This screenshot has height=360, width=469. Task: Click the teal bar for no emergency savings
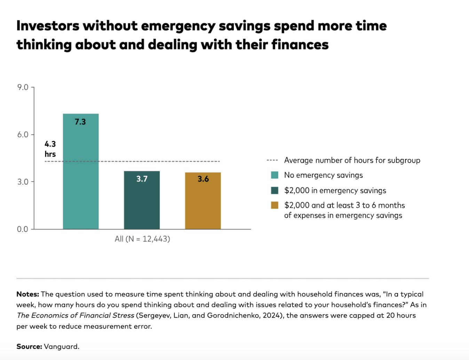(81, 174)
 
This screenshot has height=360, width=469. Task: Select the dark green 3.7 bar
(142, 202)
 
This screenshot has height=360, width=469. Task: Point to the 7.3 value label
(80, 122)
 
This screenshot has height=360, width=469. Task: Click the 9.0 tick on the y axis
(23, 87)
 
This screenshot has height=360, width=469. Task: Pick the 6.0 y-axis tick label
(23, 134)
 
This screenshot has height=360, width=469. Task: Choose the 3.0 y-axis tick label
(23, 182)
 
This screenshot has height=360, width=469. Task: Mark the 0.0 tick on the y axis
(23, 229)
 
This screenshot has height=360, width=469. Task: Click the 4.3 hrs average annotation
(50, 149)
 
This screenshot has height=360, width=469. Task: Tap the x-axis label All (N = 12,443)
(142, 239)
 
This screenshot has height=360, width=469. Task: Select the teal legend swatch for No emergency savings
(275, 175)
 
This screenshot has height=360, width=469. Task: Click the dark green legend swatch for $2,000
(275, 190)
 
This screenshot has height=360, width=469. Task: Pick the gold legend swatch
(275, 205)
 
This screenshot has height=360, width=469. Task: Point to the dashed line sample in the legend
(272, 161)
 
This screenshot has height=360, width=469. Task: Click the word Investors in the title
(48, 26)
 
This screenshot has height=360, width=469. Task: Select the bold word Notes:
(27, 294)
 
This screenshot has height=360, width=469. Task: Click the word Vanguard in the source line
(61, 346)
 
